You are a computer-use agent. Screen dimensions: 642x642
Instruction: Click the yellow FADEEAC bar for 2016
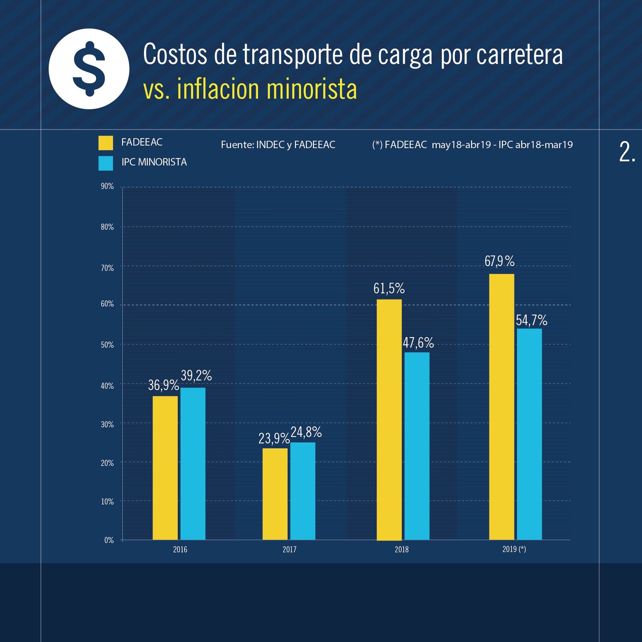165,467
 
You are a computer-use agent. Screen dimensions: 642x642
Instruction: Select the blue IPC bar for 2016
193,463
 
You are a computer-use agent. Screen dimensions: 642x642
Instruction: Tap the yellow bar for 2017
275,494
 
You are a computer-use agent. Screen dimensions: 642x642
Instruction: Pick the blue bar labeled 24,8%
303,491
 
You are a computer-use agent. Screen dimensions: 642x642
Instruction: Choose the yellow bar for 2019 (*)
501,406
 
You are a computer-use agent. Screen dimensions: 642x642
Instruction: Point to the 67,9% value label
499,261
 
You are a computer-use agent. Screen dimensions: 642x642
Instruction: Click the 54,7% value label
531,320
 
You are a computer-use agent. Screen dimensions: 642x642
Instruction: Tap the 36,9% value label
163,385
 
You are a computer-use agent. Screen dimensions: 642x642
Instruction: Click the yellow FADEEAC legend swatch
106,143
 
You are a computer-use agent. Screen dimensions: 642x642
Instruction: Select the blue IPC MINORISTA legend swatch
106,163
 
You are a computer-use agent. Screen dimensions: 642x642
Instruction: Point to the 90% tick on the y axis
107,186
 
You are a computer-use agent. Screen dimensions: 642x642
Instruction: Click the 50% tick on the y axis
107,345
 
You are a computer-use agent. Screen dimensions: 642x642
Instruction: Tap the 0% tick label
109,540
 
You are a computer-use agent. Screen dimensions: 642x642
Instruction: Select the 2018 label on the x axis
401,549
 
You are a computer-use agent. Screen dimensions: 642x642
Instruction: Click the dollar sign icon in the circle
89,69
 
